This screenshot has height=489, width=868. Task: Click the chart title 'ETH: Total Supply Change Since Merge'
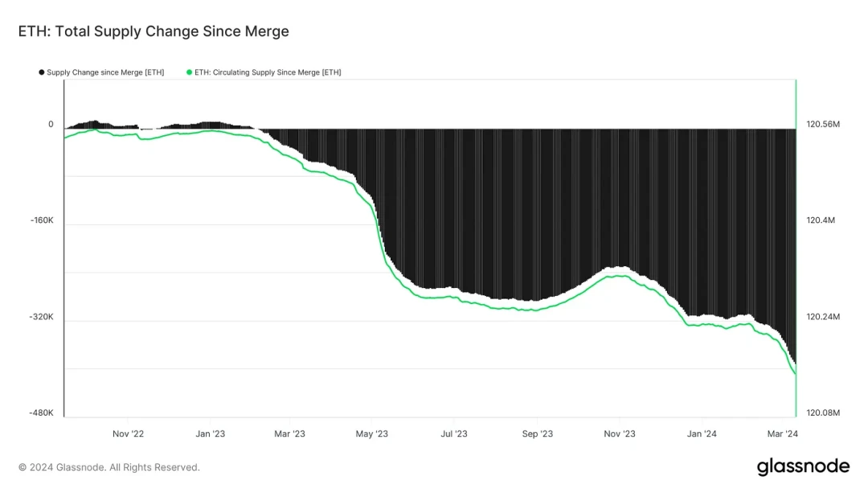(x=154, y=32)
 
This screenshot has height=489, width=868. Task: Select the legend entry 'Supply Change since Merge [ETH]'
(x=105, y=72)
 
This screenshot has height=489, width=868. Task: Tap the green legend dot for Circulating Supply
(x=190, y=72)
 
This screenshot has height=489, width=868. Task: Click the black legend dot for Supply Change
(x=42, y=72)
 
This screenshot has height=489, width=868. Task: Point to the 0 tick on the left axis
(x=51, y=125)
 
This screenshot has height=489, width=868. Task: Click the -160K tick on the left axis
(x=42, y=220)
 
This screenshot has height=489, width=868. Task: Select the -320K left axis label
(x=42, y=317)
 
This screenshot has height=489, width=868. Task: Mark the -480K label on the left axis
(x=42, y=413)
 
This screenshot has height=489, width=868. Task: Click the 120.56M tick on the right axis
(x=823, y=125)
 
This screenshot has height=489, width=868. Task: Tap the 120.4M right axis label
(x=821, y=220)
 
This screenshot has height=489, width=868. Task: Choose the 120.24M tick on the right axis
(x=823, y=317)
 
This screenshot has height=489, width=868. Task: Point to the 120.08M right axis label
(x=823, y=413)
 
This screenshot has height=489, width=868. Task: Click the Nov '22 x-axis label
(x=128, y=434)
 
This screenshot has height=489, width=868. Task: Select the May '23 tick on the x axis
(x=372, y=434)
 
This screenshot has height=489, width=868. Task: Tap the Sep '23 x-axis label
(x=537, y=434)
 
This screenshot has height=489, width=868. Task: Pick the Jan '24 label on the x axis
(x=702, y=434)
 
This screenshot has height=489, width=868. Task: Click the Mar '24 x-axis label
(x=781, y=434)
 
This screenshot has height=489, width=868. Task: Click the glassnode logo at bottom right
(x=803, y=466)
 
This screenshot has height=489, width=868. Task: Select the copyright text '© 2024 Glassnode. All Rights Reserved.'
(x=109, y=467)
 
